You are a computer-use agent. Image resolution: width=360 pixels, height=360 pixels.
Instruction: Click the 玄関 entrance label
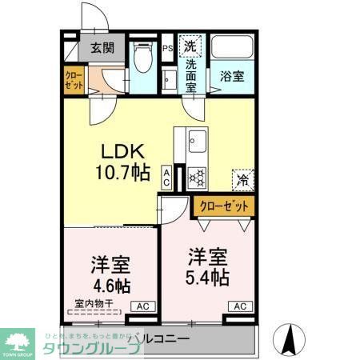pos(102,47)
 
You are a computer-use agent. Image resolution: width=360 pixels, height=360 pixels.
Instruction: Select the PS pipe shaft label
pos(168,48)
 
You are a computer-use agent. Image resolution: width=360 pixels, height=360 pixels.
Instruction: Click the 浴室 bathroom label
pos(232,77)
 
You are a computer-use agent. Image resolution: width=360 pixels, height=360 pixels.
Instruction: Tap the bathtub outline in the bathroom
pos(232,48)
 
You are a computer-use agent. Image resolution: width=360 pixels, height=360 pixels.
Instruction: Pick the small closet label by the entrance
pos(74,81)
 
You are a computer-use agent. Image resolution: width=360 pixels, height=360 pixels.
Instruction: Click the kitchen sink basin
pos(197,144)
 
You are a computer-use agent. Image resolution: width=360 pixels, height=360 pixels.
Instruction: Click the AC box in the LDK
pos(166,176)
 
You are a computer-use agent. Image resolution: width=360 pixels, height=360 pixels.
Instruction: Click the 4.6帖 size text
pos(111,284)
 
